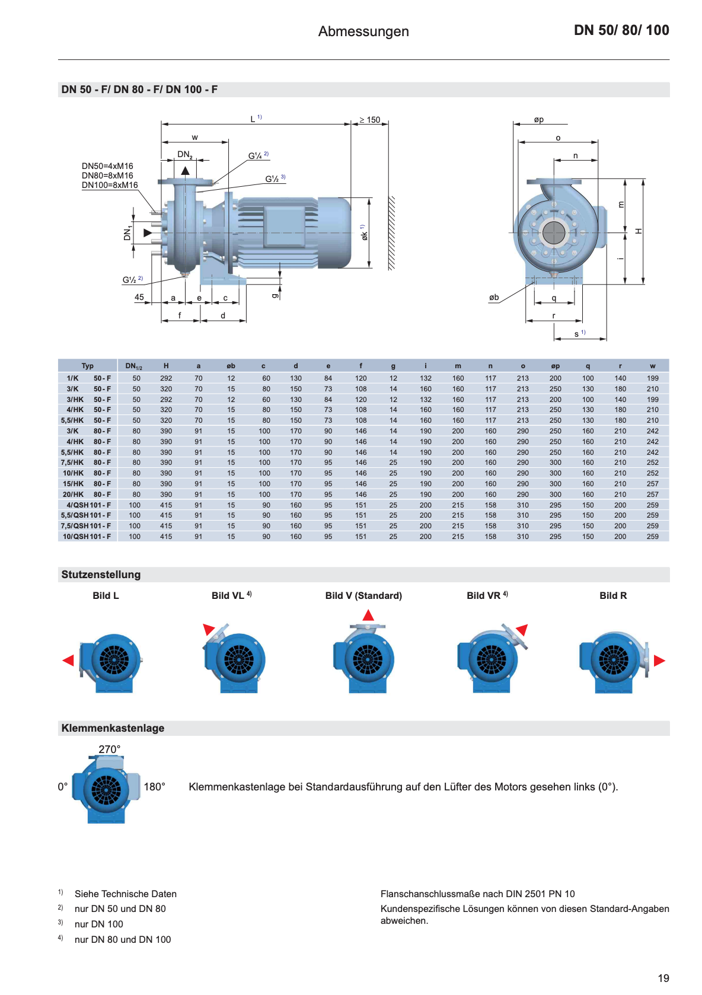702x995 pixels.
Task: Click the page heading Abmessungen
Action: tap(363, 31)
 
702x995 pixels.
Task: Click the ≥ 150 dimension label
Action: tap(369, 120)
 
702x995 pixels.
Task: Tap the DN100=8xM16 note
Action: tap(110, 185)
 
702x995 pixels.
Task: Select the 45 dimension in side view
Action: tap(139, 297)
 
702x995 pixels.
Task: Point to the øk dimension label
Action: tap(364, 235)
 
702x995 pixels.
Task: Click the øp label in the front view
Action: tap(538, 120)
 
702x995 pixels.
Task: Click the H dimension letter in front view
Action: tap(639, 231)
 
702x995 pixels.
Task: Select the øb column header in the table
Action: tap(231, 366)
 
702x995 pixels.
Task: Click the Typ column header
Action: tap(88, 366)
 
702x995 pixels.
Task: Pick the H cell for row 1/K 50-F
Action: tap(166, 378)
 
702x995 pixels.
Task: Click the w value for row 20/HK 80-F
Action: tap(652, 495)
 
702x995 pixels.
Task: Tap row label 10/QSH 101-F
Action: tap(87, 537)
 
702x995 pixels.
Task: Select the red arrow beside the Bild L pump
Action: tap(68, 661)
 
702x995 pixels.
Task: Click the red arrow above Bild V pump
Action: tap(368, 616)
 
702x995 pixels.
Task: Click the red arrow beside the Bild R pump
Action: tap(659, 661)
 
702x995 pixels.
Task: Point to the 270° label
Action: tap(110, 750)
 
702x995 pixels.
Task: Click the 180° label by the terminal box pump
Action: tap(154, 787)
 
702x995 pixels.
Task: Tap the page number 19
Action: tap(663, 978)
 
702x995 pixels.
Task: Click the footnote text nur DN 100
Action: tap(99, 924)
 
